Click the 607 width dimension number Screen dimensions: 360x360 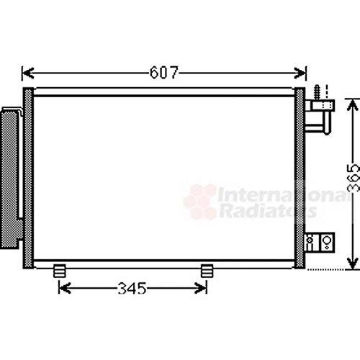click(x=164, y=72)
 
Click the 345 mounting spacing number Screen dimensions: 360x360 click(x=132, y=288)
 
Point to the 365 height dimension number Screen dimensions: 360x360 click(x=354, y=178)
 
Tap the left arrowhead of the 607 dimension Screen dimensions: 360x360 click(x=27, y=73)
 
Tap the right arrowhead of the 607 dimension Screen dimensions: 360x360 click(x=300, y=73)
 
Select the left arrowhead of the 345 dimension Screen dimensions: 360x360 click(x=65, y=288)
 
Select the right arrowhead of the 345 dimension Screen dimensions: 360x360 click(x=201, y=288)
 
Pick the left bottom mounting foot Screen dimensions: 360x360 click(x=60, y=271)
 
